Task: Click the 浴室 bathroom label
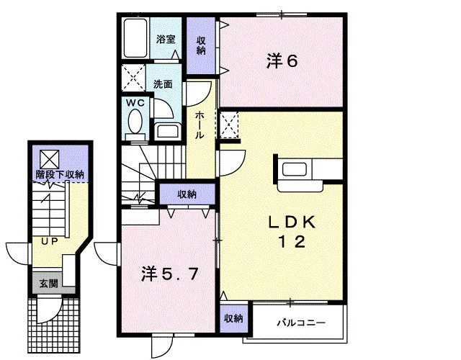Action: [x=166, y=39]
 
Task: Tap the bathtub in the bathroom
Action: [x=135, y=38]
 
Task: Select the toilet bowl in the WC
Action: [x=135, y=121]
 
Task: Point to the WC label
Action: [x=135, y=103]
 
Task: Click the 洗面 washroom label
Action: [x=163, y=84]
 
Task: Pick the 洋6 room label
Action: [x=282, y=61]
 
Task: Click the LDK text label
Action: [x=292, y=222]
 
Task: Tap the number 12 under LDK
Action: [x=292, y=242]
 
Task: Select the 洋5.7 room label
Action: [x=169, y=274]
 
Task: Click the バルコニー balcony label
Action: [x=301, y=323]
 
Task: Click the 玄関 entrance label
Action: [x=49, y=284]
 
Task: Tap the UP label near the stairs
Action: [x=50, y=242]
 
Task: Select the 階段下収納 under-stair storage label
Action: [x=60, y=174]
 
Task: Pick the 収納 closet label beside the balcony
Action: [x=233, y=318]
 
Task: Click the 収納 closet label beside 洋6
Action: [x=201, y=45]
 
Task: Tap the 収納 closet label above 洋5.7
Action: [x=187, y=194]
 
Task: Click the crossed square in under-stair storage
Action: [x=50, y=159]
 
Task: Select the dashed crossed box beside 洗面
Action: [x=134, y=78]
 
